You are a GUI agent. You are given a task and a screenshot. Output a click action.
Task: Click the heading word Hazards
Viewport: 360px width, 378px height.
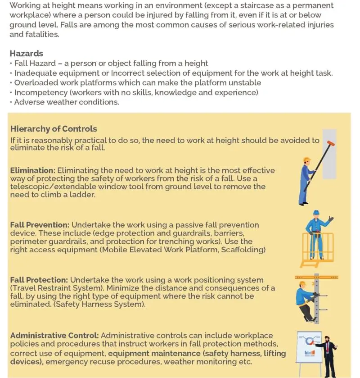point(27,54)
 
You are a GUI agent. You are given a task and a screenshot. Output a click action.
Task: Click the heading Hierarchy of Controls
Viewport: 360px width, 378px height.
point(54,129)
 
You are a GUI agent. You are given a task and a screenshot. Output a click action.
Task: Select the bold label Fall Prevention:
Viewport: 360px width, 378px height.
point(40,224)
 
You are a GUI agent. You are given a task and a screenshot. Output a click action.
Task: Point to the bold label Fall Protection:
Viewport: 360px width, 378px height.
point(39,280)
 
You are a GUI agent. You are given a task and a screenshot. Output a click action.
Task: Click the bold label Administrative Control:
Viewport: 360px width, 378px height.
point(54,336)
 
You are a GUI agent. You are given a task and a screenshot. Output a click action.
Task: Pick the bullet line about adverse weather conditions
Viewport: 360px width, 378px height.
point(67,102)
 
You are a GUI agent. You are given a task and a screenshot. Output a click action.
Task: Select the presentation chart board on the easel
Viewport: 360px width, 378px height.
point(309,346)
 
